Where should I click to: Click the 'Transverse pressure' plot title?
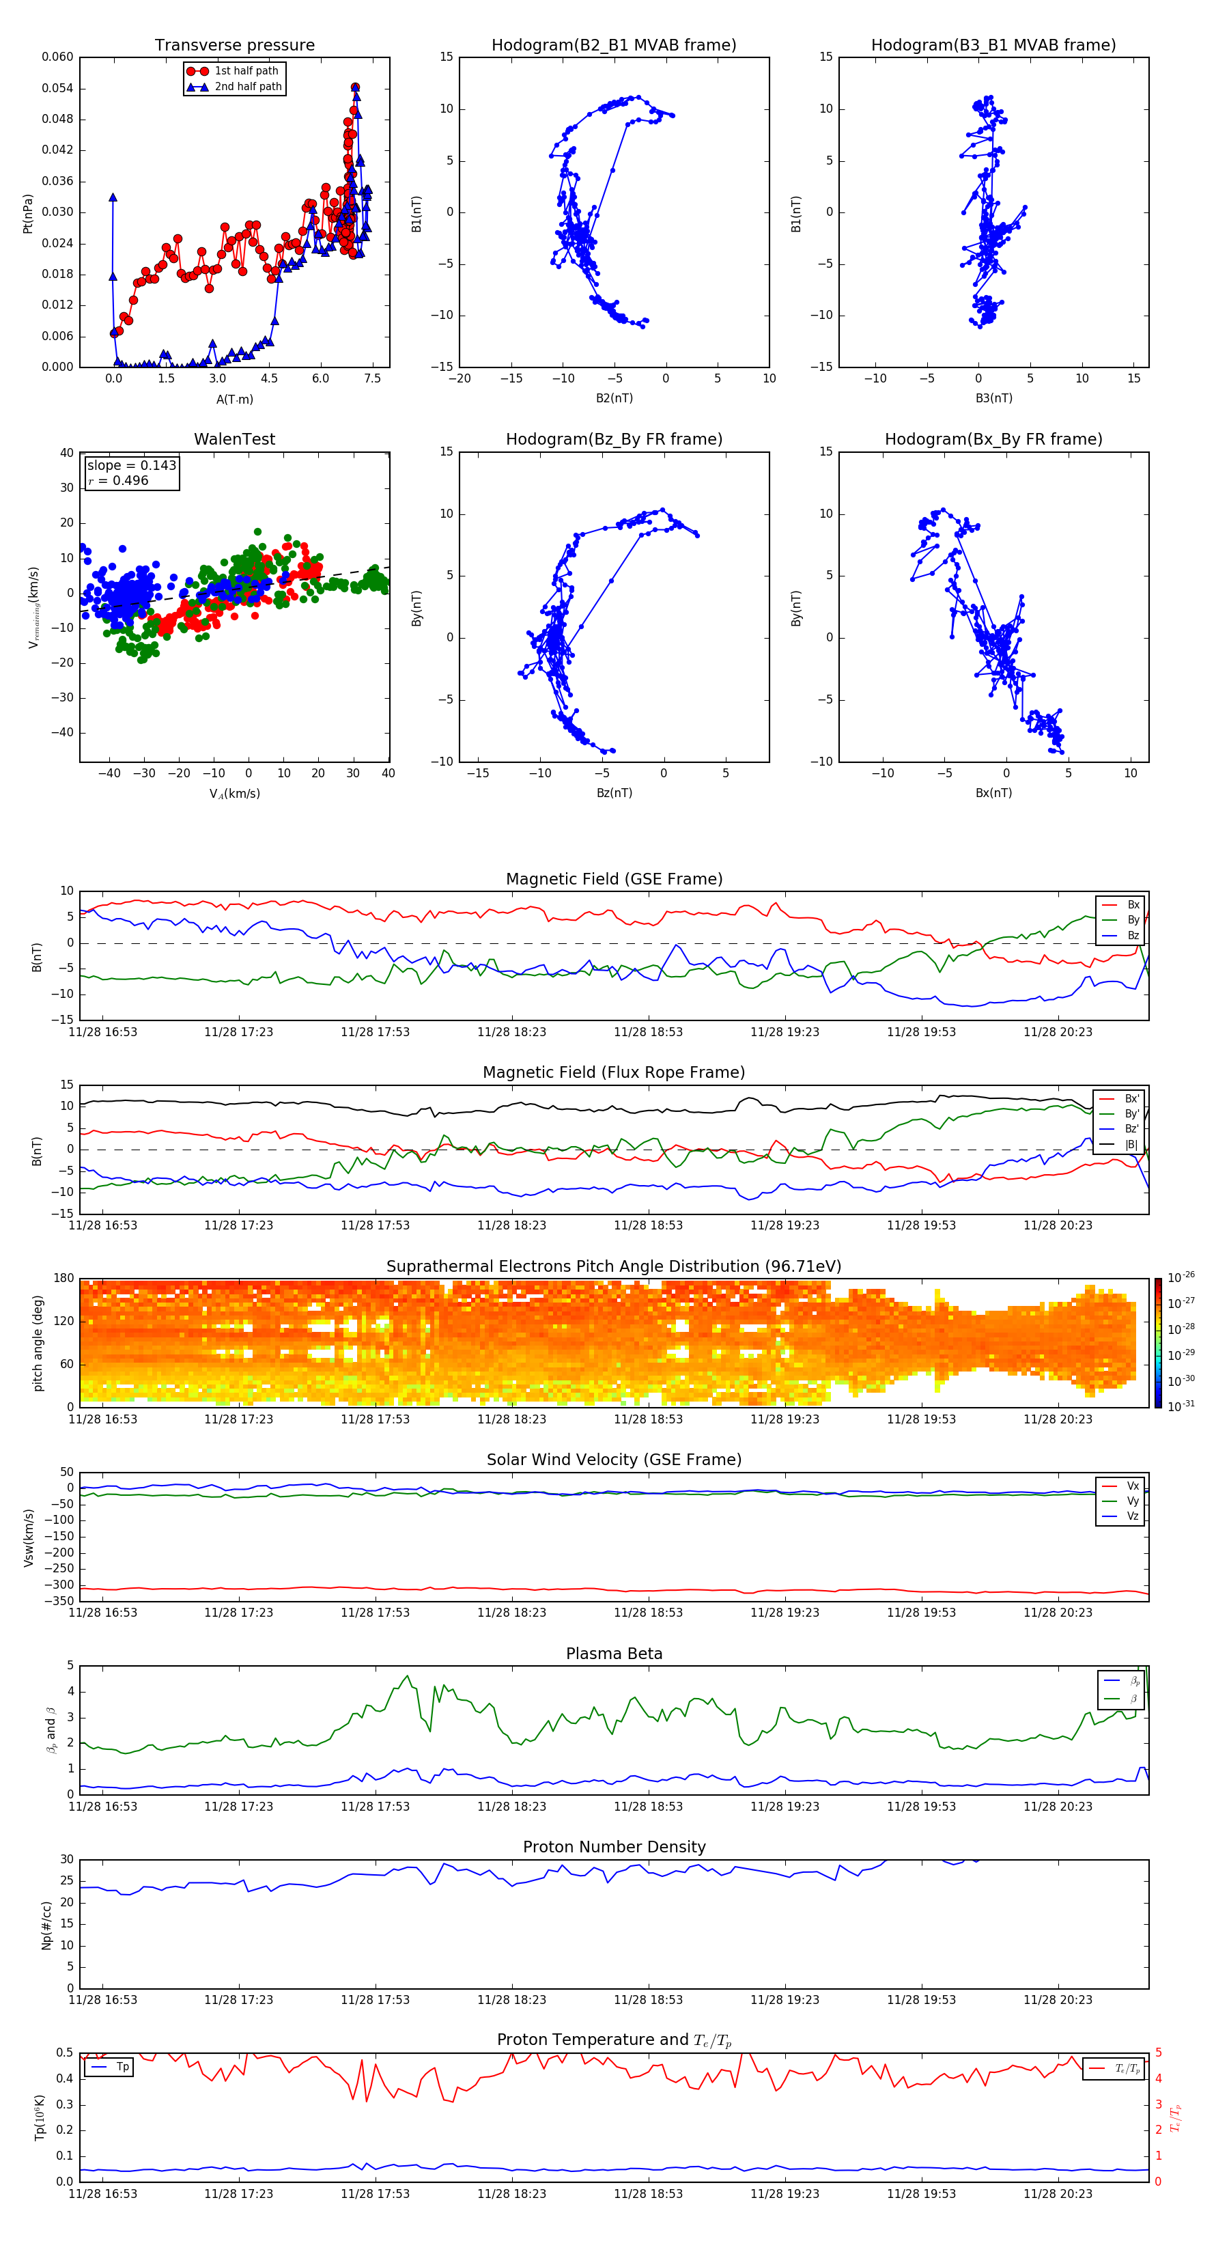click(x=234, y=46)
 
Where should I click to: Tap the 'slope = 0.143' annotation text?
click(x=131, y=466)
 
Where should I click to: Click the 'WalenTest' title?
click(x=234, y=439)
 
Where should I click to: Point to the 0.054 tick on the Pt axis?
click(x=58, y=88)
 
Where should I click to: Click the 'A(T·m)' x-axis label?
click(x=234, y=399)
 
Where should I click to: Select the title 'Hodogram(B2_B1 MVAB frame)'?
click(x=613, y=46)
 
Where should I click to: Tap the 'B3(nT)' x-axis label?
click(x=993, y=398)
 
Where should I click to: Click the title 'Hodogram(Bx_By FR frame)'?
click(x=993, y=439)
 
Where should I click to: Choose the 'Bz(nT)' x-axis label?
click(x=614, y=793)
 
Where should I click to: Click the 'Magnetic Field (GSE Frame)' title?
click(x=614, y=879)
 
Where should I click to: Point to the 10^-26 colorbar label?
click(x=1181, y=1277)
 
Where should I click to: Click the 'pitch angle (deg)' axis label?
click(x=38, y=1343)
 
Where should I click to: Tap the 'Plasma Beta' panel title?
click(x=614, y=1654)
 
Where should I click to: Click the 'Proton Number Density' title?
click(x=614, y=1847)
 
